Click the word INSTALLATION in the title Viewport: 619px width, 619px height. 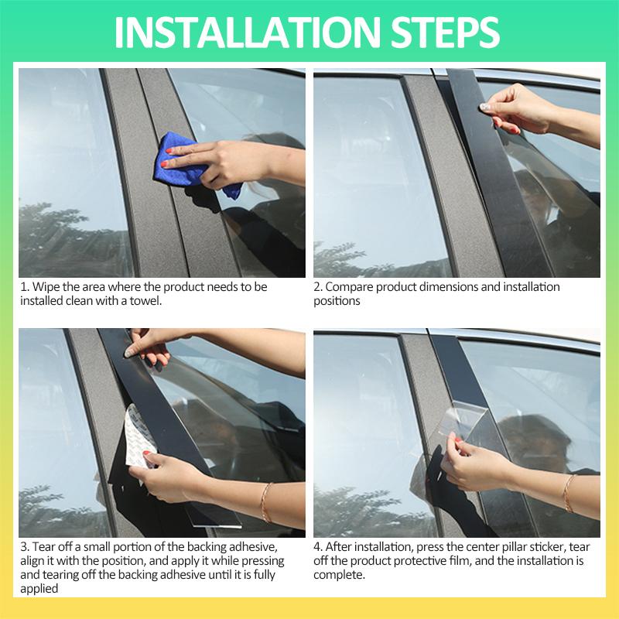[247, 32]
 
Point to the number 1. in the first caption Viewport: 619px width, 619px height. [25, 287]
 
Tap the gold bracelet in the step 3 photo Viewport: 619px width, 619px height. [265, 502]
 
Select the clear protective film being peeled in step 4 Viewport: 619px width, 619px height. [463, 419]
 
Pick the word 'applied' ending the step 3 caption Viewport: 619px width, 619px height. [39, 589]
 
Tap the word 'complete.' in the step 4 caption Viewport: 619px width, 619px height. [339, 575]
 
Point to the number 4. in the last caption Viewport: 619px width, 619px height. [318, 547]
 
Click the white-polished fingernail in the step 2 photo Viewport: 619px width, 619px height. [484, 106]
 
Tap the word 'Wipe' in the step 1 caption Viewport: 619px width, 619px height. [46, 287]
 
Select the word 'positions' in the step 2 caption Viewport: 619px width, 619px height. [337, 301]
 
